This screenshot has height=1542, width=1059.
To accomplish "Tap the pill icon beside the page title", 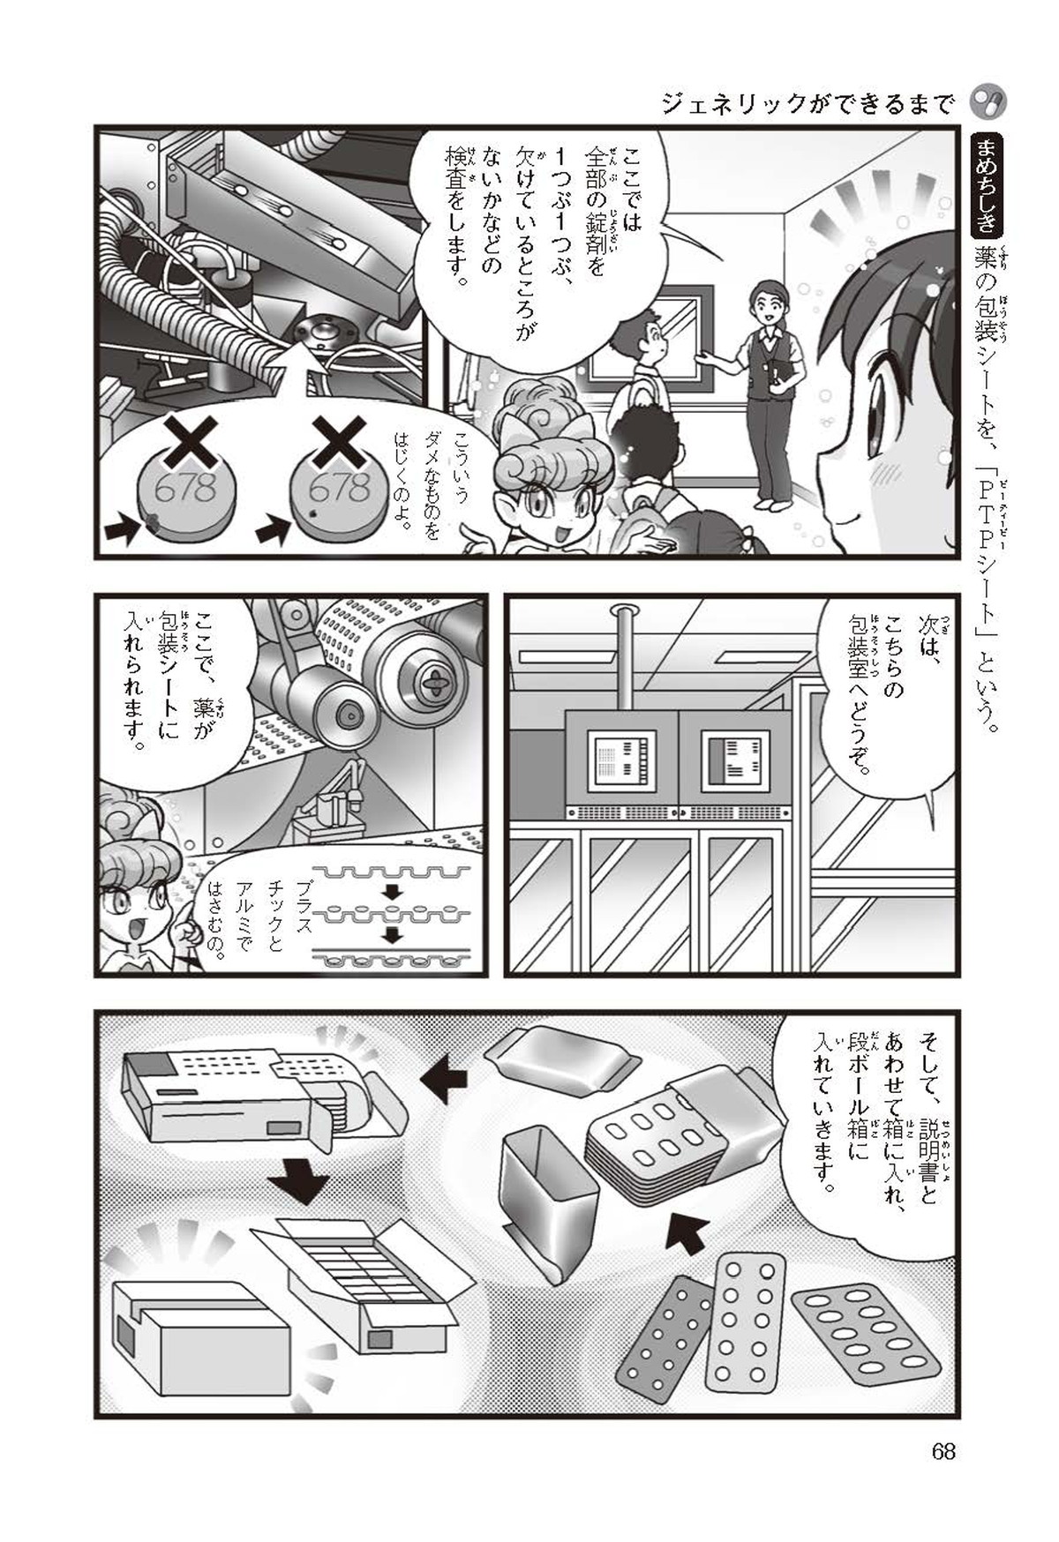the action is [x=988, y=103].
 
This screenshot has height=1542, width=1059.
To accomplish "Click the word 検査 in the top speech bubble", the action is [x=455, y=176].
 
